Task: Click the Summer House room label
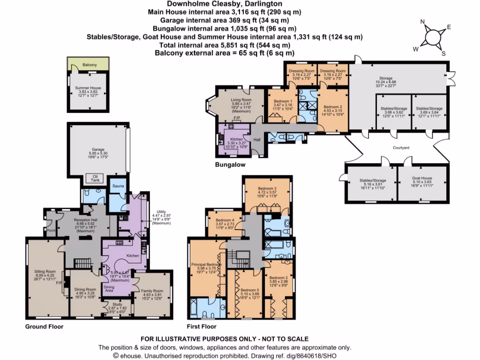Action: (88, 88)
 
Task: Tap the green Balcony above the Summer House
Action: (89, 64)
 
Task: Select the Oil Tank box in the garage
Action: (95, 179)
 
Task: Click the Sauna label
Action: (117, 186)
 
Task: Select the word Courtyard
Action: (401, 148)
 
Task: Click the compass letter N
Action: (422, 22)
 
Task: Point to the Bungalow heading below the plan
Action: (230, 165)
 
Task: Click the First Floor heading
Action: (202, 327)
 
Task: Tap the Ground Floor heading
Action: (45, 327)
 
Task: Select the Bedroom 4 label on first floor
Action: (224, 220)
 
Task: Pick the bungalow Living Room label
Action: (241, 100)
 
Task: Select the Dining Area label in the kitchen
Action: (109, 288)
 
